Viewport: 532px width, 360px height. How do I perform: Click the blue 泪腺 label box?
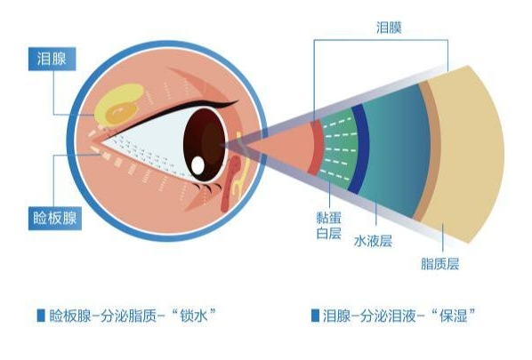52,59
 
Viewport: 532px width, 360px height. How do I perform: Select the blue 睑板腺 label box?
54,219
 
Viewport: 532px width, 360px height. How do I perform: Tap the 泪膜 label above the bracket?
389,28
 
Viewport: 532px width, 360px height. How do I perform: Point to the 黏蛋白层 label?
328,226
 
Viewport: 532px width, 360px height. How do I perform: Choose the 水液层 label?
373,241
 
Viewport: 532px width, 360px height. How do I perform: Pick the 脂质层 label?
440,264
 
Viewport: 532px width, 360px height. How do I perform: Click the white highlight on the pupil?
197,165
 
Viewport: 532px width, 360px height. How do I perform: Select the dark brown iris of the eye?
205,145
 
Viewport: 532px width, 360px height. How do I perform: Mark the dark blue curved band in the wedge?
360,148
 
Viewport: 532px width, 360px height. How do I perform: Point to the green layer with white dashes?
339,148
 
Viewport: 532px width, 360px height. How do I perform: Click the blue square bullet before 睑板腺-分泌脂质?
41,316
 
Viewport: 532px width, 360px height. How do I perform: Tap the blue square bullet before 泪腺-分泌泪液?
315,316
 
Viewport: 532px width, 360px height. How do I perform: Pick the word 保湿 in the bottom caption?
454,316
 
